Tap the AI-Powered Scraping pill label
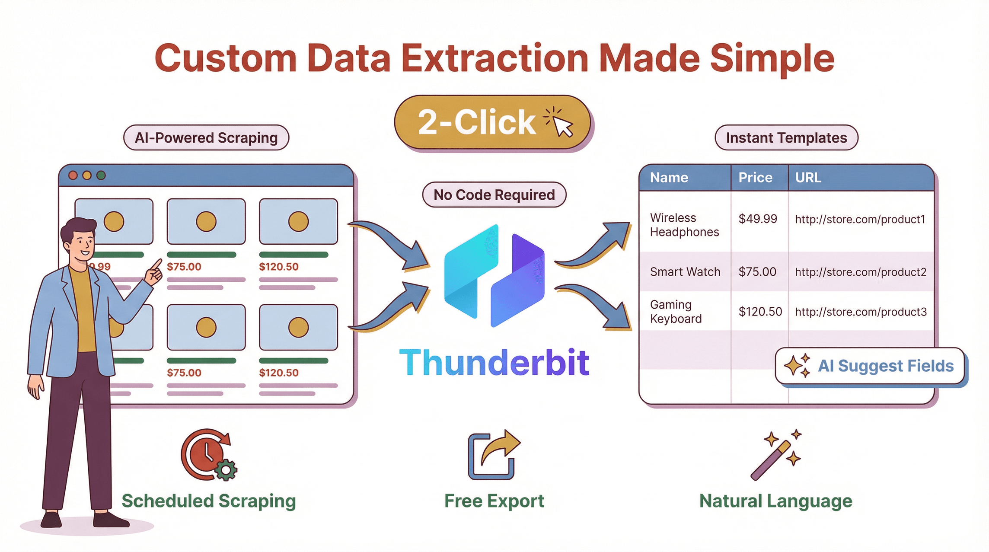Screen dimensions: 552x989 (x=206, y=138)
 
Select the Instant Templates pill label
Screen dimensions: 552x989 (x=786, y=138)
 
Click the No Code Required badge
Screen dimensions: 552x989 (x=494, y=195)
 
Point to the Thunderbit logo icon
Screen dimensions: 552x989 (x=494, y=275)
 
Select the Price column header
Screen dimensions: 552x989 (x=755, y=178)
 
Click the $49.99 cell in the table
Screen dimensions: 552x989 (x=758, y=219)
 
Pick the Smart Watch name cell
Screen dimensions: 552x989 (x=685, y=272)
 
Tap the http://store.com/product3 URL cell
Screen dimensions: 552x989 (x=861, y=312)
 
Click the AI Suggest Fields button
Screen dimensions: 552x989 (x=870, y=366)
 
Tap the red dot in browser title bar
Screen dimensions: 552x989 (x=73, y=175)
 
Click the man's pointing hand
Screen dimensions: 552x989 (x=153, y=272)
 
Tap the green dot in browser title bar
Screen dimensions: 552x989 (x=101, y=175)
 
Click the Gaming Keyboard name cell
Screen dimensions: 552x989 (x=676, y=312)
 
